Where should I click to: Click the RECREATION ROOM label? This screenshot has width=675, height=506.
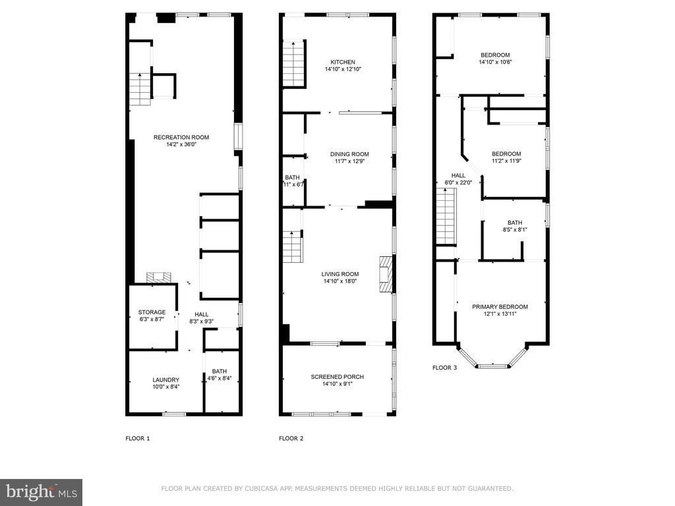coord(181,137)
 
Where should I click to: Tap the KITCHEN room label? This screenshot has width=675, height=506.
coord(343,62)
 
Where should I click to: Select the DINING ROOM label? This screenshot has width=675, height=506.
coord(349,154)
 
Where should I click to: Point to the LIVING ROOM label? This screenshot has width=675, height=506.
coord(340,274)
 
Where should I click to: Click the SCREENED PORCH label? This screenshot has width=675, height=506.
coord(337,377)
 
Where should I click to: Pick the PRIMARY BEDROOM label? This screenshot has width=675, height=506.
coord(500,307)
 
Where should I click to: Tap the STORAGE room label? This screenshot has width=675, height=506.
coord(152,312)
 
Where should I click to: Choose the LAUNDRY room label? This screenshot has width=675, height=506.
coord(165,380)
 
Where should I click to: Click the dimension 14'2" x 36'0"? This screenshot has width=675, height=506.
coord(181,144)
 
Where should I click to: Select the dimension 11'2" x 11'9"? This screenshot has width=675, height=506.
coord(506,161)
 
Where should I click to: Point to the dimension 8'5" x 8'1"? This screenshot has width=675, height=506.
coord(515,230)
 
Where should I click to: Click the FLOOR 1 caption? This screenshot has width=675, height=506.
coord(138,438)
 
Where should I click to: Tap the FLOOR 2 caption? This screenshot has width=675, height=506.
coord(291,438)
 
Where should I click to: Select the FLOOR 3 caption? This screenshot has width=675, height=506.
coord(445,368)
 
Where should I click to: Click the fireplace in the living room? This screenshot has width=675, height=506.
coord(386,275)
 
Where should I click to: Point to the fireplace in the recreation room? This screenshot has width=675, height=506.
coord(159,277)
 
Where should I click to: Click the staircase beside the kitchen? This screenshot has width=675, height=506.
coord(294,64)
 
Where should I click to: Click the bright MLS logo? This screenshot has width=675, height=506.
coord(42,492)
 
